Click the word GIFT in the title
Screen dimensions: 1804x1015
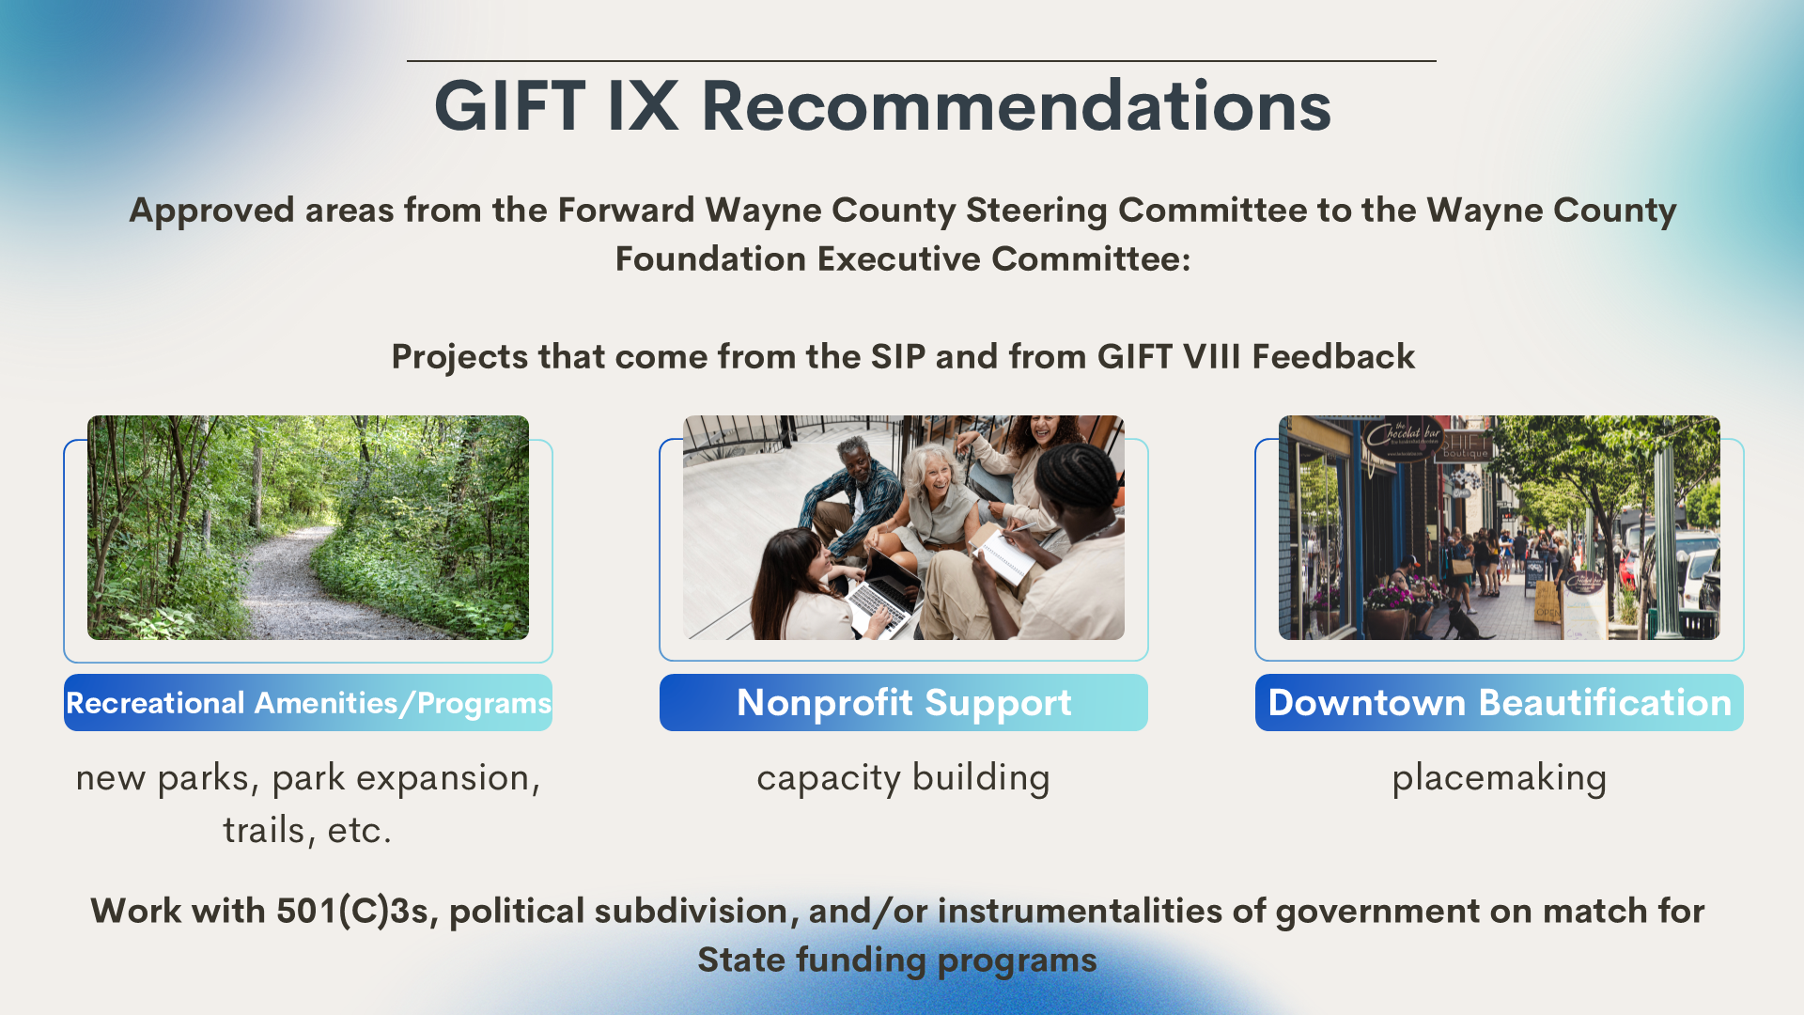(510, 105)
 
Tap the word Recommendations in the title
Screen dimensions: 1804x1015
(1017, 105)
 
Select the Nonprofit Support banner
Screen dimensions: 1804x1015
(904, 702)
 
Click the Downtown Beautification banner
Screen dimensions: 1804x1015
(1500, 702)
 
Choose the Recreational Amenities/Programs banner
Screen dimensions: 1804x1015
(308, 702)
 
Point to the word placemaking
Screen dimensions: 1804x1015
(1500, 779)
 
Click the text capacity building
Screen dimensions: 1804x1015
(904, 779)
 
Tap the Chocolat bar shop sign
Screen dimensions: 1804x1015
(1404, 436)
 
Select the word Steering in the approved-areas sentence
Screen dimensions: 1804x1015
(1036, 211)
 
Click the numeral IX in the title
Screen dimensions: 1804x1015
(643, 105)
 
